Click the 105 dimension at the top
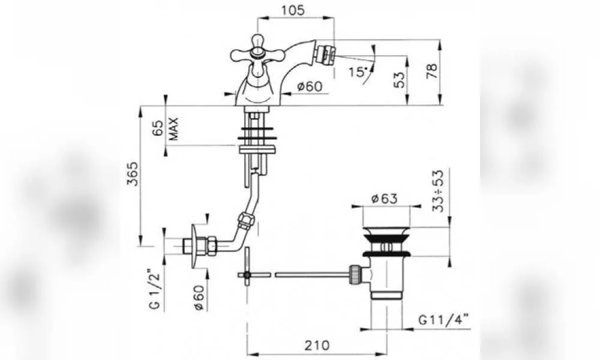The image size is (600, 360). (x=293, y=10)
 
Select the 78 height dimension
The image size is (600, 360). (x=432, y=71)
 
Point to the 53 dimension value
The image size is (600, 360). (x=399, y=80)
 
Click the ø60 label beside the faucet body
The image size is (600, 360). (x=310, y=86)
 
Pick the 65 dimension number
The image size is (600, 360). (x=158, y=127)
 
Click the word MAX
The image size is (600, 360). (x=173, y=128)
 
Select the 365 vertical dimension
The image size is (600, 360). (x=133, y=173)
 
